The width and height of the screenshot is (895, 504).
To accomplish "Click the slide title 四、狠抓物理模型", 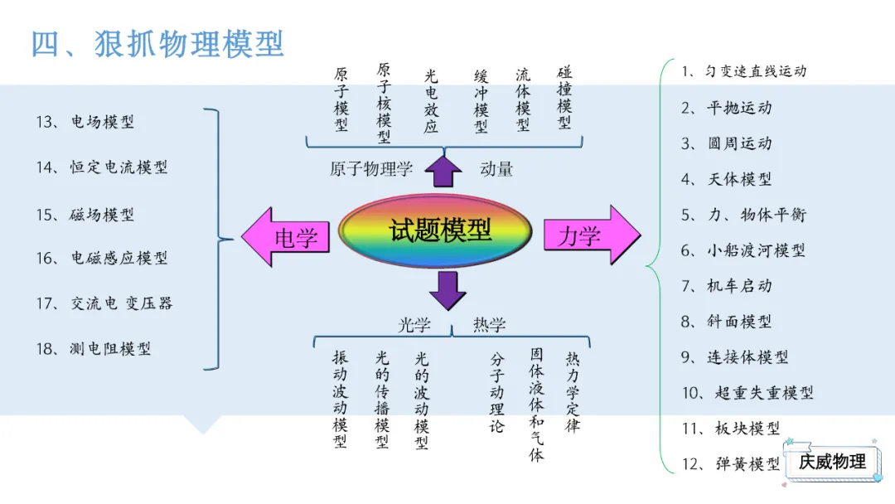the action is pos(157,44).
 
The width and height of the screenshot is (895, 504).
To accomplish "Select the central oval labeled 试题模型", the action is pos(436,230).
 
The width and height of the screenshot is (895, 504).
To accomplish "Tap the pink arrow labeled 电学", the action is pos(285,237).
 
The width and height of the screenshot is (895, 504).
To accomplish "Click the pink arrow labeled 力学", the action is pos(592,235).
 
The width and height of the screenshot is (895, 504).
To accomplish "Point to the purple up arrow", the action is pos(443,172).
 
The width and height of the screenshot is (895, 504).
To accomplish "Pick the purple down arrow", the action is pos(447,291).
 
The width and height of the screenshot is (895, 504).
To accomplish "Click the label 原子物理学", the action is pos(371,169).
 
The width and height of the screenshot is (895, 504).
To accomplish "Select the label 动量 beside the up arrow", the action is pos(496,169).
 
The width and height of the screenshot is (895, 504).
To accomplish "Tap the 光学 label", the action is pos(414,325).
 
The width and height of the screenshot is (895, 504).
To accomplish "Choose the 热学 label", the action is pos(489,325).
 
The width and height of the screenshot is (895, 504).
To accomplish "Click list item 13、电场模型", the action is pos(85,122).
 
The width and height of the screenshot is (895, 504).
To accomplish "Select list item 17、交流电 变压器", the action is pos(104,303).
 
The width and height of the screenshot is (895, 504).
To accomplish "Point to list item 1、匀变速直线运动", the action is pos(743,71).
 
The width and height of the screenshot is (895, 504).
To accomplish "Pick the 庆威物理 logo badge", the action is pos(833,461).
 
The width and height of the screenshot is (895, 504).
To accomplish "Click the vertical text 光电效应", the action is pos(431,101).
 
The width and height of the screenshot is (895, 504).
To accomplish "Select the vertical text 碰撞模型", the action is pos(564,98).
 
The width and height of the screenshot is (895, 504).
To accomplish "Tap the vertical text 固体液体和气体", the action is pos(536,405).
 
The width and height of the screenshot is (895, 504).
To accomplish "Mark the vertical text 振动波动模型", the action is pos(341,399).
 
